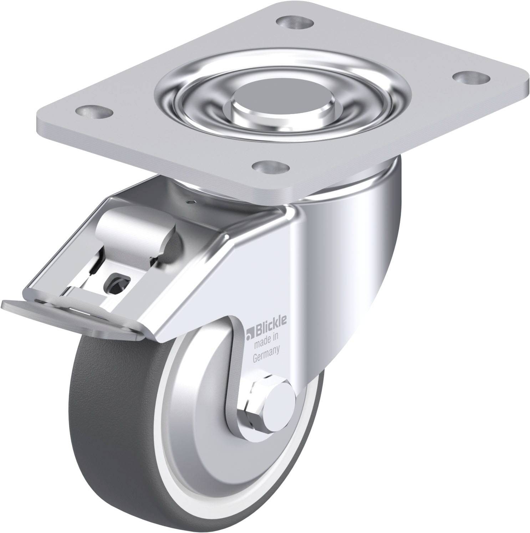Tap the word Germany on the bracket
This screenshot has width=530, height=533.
click(x=266, y=350)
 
